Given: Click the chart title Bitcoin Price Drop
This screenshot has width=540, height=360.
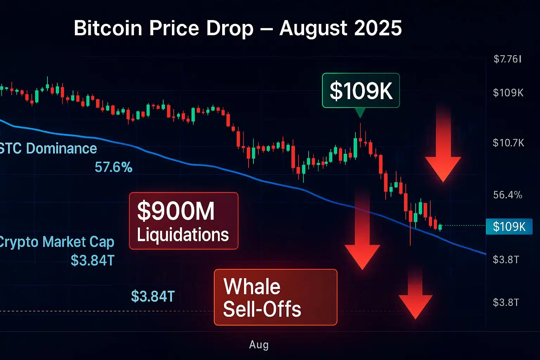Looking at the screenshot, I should [x=163, y=28].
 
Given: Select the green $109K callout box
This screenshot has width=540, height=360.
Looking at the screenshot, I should [x=361, y=90].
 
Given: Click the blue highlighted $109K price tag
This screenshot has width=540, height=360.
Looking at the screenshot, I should [x=509, y=227].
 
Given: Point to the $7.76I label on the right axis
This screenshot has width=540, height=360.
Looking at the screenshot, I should [x=507, y=59].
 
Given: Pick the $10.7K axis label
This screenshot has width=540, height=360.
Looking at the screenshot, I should [x=508, y=143].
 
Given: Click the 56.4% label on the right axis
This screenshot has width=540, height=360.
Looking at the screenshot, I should [x=508, y=195].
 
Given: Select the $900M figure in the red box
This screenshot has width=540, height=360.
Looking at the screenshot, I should [x=176, y=211].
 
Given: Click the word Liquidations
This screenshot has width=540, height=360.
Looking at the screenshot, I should [x=183, y=234].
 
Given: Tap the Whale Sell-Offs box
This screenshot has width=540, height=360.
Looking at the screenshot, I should [x=275, y=297].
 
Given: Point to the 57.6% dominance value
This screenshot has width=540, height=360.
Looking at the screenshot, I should [x=114, y=167].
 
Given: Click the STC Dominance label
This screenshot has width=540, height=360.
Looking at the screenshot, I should [x=48, y=148].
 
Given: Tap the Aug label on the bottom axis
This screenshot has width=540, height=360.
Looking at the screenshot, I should [x=259, y=345].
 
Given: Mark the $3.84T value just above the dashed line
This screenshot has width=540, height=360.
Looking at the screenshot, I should [x=153, y=296].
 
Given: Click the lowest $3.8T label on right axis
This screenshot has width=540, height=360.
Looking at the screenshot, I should [x=506, y=302].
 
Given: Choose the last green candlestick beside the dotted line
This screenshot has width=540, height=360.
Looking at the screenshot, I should [x=440, y=227].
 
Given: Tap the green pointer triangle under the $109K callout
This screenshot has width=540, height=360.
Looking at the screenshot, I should [x=360, y=112].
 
